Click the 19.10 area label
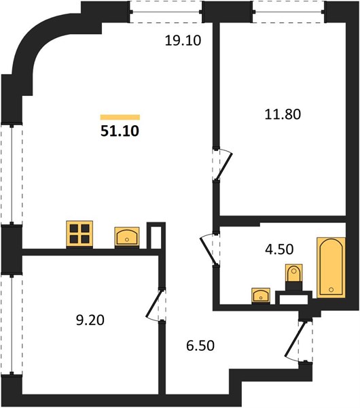183,41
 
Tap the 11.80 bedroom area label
283,114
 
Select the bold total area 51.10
120,131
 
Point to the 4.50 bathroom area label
279,249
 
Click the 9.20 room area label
90,320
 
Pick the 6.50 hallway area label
200,345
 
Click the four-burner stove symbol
79,234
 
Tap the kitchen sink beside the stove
127,237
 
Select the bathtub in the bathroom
331,267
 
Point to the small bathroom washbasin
261,296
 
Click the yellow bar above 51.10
120,118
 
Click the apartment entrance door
299,340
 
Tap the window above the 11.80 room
289,12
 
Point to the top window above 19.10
166,12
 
